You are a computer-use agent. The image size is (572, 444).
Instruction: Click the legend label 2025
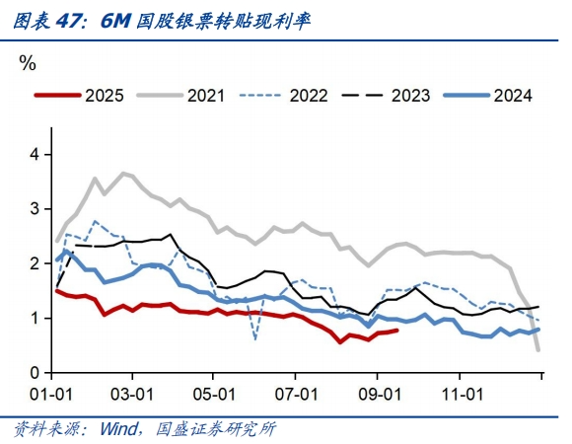point(104,96)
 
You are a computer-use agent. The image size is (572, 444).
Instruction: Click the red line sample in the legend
point(57,96)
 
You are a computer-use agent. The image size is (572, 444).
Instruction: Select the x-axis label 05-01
point(214,392)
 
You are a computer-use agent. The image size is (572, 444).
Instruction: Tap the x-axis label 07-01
point(296,392)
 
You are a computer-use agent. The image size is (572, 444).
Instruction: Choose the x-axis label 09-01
point(378,392)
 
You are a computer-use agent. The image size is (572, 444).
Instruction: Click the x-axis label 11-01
point(461,392)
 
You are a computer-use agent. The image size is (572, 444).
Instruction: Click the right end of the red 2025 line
point(396,331)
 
